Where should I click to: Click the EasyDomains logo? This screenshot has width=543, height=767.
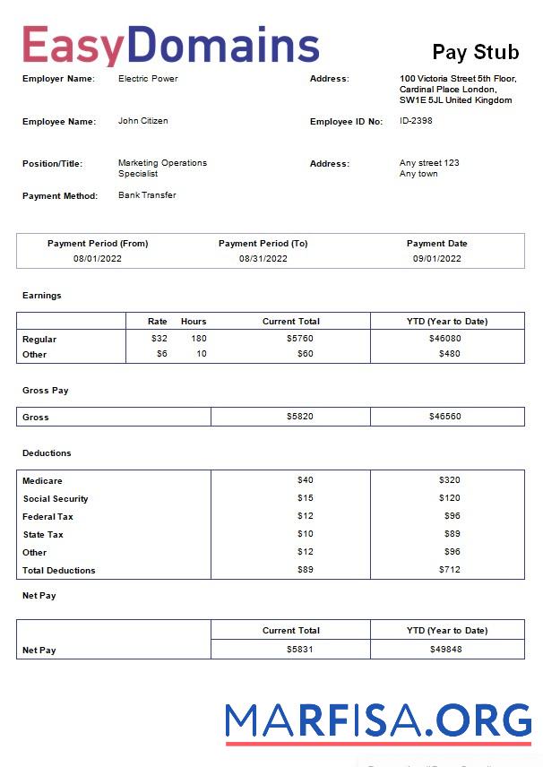click(x=170, y=45)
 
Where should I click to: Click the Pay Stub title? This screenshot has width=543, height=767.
click(x=475, y=52)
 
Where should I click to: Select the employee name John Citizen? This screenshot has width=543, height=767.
click(x=142, y=121)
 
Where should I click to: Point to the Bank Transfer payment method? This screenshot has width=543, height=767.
click(x=147, y=195)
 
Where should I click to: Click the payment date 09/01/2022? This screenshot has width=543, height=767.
click(x=436, y=258)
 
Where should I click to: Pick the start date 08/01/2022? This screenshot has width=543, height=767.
click(x=98, y=258)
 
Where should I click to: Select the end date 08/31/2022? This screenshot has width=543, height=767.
click(x=263, y=258)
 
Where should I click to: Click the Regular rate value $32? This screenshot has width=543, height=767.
click(x=159, y=339)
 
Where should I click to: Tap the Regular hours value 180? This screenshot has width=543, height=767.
click(x=198, y=339)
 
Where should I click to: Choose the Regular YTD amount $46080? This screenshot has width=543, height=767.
click(x=445, y=339)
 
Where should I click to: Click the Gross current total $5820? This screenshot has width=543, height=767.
click(x=300, y=417)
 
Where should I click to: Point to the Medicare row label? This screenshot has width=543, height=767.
click(x=42, y=481)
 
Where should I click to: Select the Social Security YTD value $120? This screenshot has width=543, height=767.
click(x=449, y=498)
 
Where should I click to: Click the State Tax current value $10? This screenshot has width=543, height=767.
click(x=306, y=534)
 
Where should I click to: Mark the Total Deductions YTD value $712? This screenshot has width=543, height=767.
click(x=449, y=570)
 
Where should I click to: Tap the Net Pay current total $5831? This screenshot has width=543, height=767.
click(x=300, y=650)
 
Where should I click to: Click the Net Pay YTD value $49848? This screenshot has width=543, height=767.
click(x=445, y=650)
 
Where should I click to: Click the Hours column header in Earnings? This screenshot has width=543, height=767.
click(x=194, y=321)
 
